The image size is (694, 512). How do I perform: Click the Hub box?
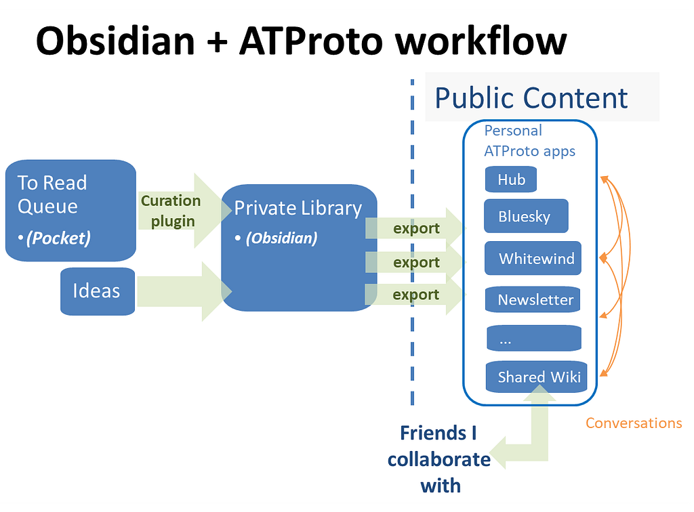point(511,179)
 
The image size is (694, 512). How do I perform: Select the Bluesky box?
point(526,216)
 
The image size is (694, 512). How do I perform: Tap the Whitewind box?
point(533,258)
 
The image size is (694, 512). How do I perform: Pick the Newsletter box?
point(533,300)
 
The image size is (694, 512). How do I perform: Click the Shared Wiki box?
point(537,377)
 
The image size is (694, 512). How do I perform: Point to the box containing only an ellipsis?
point(534,338)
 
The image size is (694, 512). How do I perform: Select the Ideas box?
point(98,291)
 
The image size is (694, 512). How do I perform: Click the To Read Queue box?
point(70,211)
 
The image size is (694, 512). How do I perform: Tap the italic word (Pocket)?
point(58,238)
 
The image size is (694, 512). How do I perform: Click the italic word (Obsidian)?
point(282,238)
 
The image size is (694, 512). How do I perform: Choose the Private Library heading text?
point(298,208)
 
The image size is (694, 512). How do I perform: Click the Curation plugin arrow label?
point(171,211)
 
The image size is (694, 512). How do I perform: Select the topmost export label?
point(416,228)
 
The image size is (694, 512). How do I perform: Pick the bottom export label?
point(415,295)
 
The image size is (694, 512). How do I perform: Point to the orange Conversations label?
point(634,423)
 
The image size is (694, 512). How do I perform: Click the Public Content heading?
point(531,98)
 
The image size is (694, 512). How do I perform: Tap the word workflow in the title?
point(481,41)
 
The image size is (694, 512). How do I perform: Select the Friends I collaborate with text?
point(439,459)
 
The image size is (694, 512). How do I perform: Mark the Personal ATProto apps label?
point(529,141)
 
